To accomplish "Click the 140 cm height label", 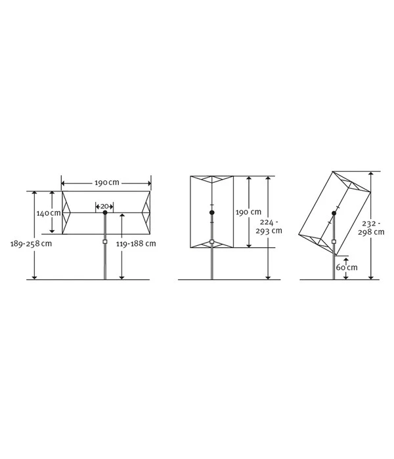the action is (49, 213).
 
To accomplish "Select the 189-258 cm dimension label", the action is (31, 243).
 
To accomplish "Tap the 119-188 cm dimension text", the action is (136, 243).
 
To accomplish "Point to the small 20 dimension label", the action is (104, 206).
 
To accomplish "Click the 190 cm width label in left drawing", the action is (107, 183).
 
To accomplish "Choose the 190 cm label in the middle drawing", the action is (249, 212).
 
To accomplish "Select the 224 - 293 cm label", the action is (269, 227).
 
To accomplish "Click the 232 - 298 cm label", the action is (371, 228).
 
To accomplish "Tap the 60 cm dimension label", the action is (347, 268).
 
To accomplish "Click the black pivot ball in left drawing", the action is (105, 212).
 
